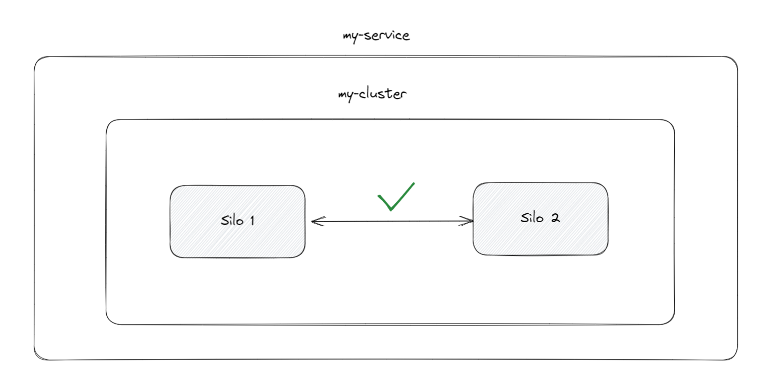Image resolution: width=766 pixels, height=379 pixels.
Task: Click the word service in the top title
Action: point(387,36)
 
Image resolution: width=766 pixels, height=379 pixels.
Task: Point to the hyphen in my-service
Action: point(361,35)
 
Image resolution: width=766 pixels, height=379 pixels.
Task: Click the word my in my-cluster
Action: point(345,96)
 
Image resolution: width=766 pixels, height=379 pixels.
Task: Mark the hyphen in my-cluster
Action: point(356,94)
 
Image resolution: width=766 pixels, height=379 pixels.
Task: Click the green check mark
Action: point(396,197)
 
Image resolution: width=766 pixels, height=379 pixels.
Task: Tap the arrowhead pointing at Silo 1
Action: point(318,221)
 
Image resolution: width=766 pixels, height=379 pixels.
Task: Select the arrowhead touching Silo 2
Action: point(466,221)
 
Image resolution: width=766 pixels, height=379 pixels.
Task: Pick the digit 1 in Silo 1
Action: point(253,221)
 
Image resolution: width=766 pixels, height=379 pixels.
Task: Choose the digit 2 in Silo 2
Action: point(555,218)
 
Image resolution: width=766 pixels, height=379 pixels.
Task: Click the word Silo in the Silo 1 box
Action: point(232,220)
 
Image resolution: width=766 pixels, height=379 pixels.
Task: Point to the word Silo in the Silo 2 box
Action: point(532,217)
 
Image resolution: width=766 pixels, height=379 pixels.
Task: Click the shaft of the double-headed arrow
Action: point(392,221)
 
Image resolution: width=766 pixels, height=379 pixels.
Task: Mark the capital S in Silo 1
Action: point(225,221)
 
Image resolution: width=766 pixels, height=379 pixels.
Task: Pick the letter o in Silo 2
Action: point(539,219)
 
